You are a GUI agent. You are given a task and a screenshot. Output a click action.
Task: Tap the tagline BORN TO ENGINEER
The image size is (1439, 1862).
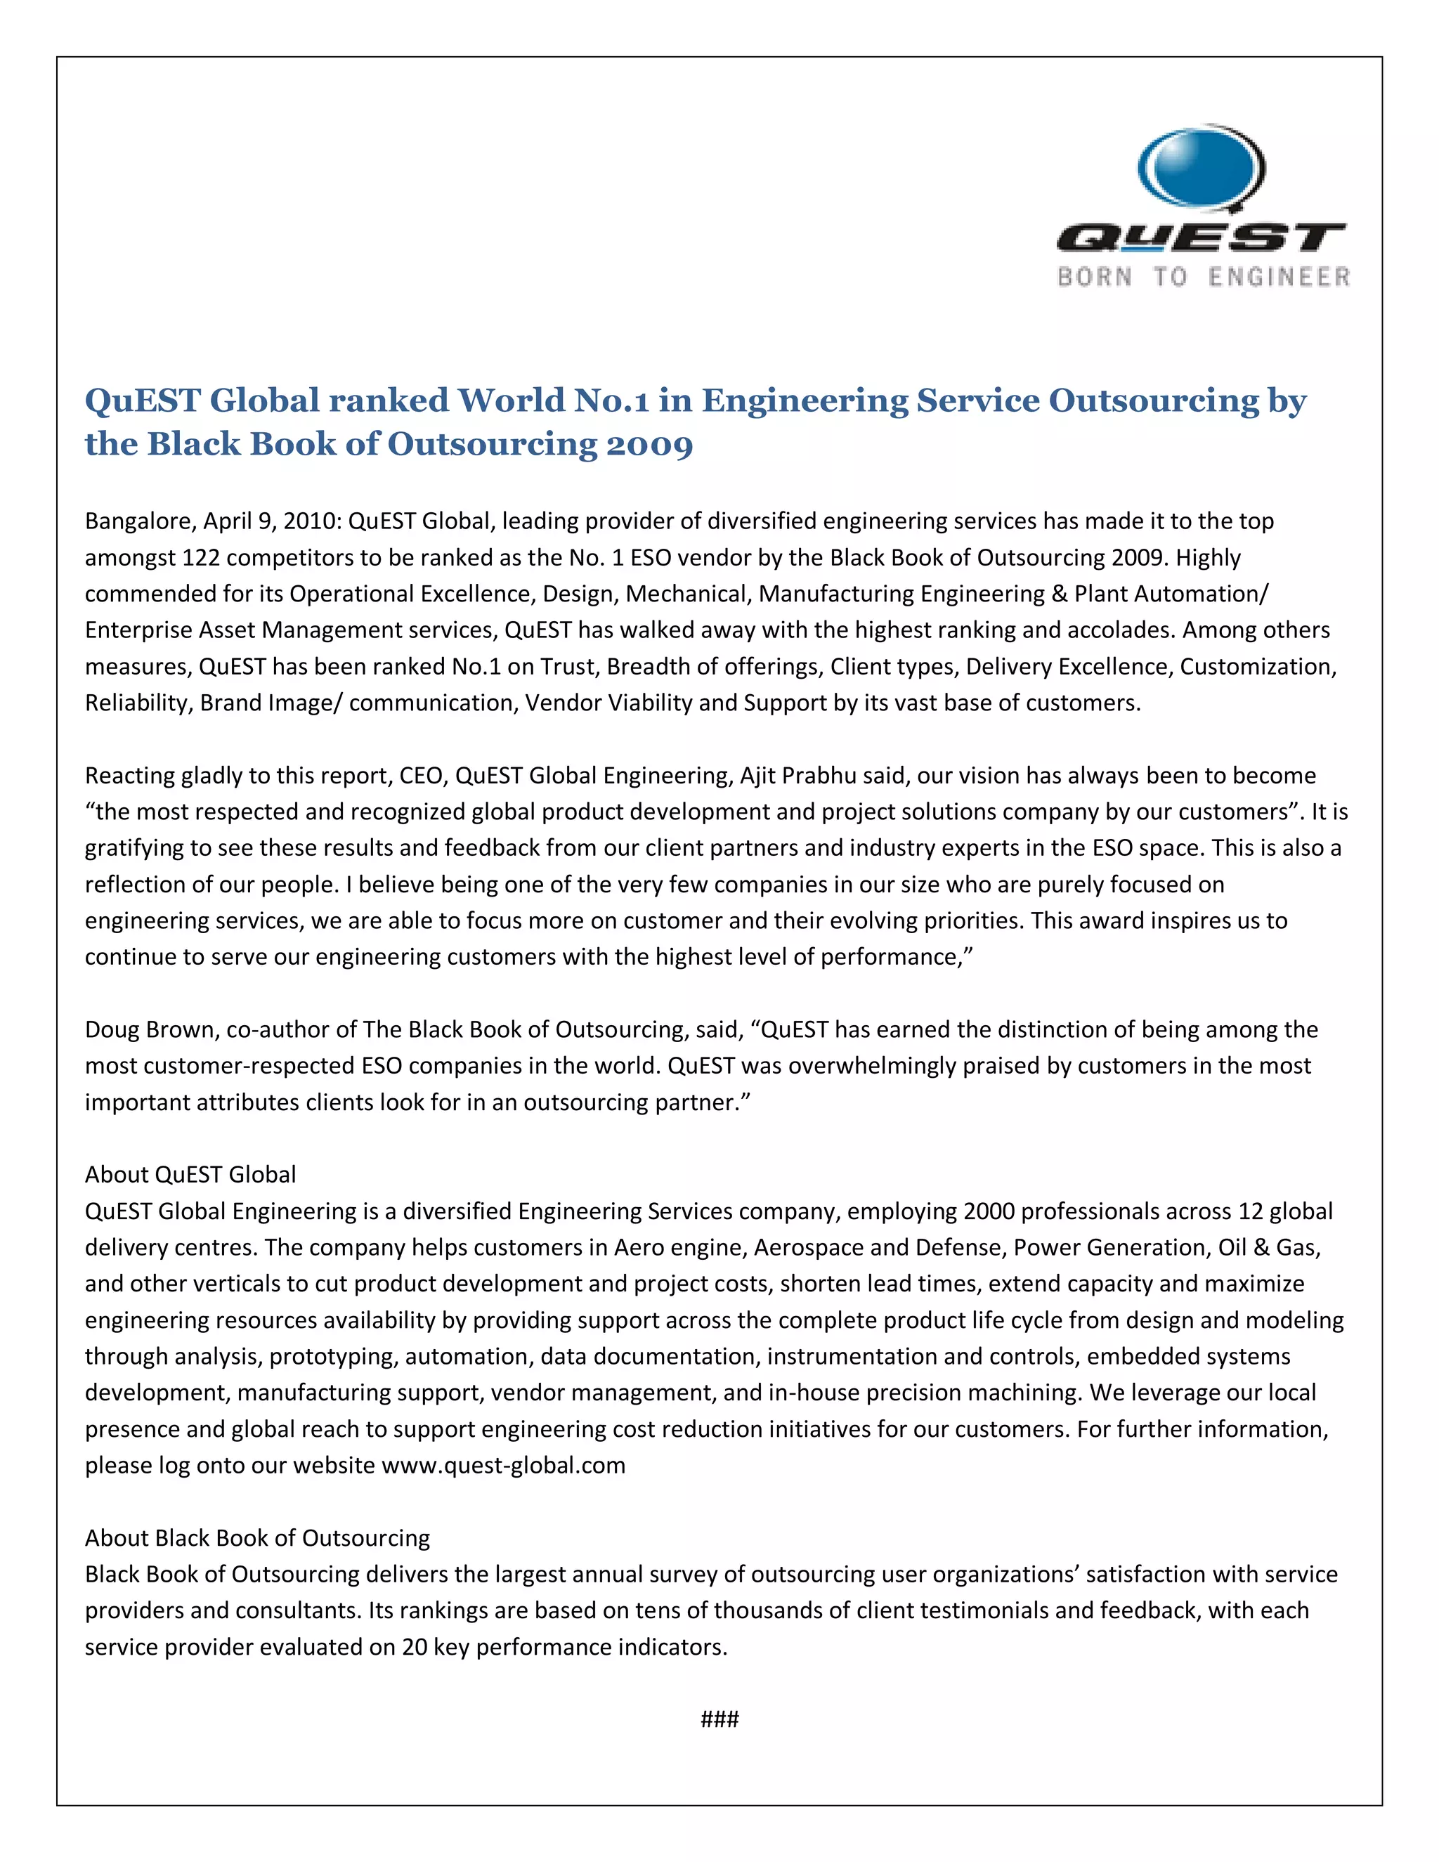(1203, 277)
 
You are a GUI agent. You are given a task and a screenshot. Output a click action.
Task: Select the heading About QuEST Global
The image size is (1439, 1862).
(190, 1175)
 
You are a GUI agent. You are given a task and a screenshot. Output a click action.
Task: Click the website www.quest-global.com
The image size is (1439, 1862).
(503, 1466)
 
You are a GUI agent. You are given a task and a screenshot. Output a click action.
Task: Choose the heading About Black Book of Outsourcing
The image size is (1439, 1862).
(257, 1538)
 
